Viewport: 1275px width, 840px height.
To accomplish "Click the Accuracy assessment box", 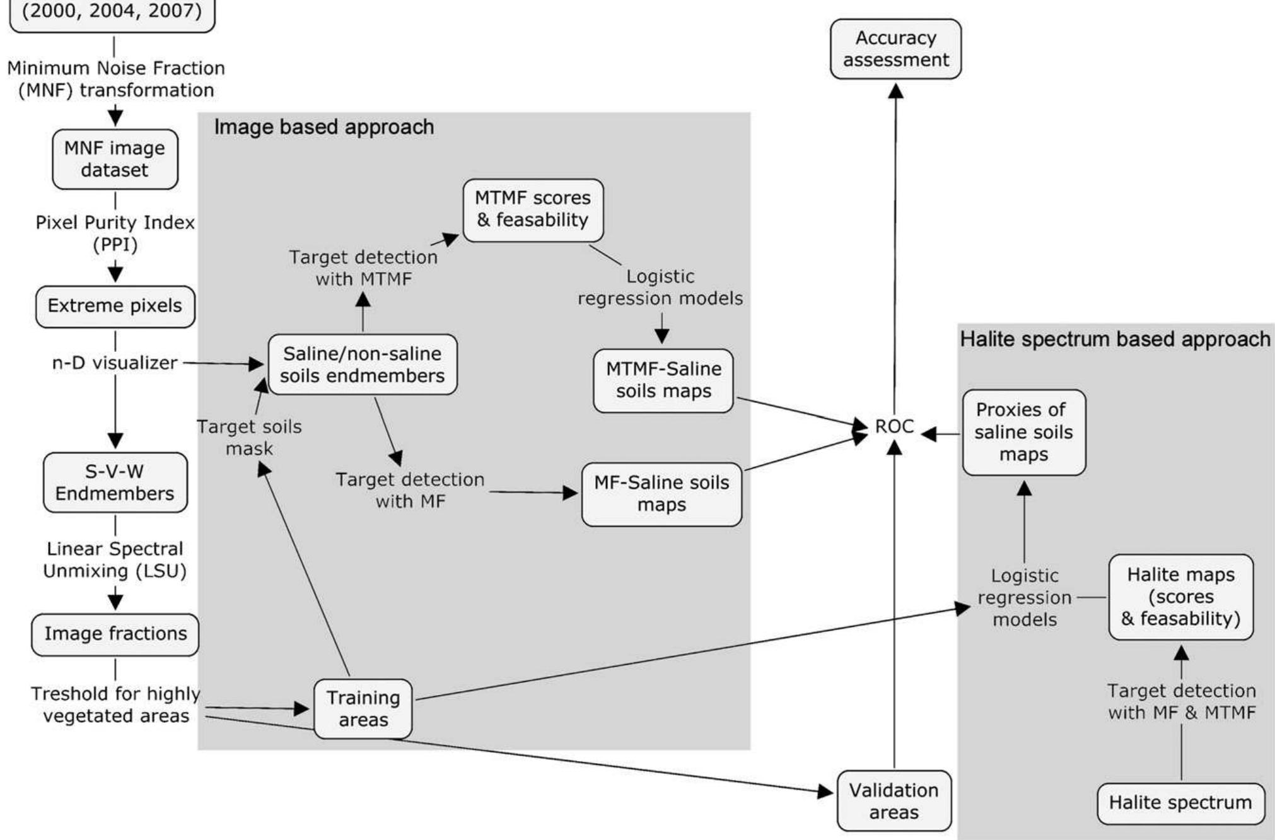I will click(895, 49).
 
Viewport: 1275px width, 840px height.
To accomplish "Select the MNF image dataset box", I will click(115, 159).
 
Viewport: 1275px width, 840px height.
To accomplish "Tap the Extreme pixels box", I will click(115, 306).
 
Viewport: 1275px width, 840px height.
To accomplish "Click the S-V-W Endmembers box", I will click(115, 482).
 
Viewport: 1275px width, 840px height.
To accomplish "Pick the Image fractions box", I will click(115, 634).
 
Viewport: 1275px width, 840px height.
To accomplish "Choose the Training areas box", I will click(363, 709).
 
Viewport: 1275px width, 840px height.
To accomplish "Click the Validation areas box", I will click(894, 801).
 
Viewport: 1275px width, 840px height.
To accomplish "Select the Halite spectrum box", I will click(1180, 803).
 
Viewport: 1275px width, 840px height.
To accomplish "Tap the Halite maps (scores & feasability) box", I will click(1180, 597).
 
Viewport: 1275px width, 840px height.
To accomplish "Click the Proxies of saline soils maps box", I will click(1023, 432).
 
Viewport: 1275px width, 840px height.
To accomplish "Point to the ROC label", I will click(894, 427).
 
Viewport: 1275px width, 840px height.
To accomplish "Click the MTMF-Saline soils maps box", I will click(663, 380).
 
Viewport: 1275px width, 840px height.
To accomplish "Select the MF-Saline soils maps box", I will click(661, 494).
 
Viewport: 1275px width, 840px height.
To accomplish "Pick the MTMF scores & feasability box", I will click(533, 209).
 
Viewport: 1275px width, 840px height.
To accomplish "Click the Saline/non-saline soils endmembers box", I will click(363, 365).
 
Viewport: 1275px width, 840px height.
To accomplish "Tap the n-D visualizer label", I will click(115, 363).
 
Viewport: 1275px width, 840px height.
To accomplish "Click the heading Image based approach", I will click(324, 127).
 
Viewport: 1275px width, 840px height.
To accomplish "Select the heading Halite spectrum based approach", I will click(1115, 340).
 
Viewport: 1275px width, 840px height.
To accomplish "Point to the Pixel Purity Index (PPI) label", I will click(115, 233).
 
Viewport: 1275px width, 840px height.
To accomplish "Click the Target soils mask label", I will click(249, 438).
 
